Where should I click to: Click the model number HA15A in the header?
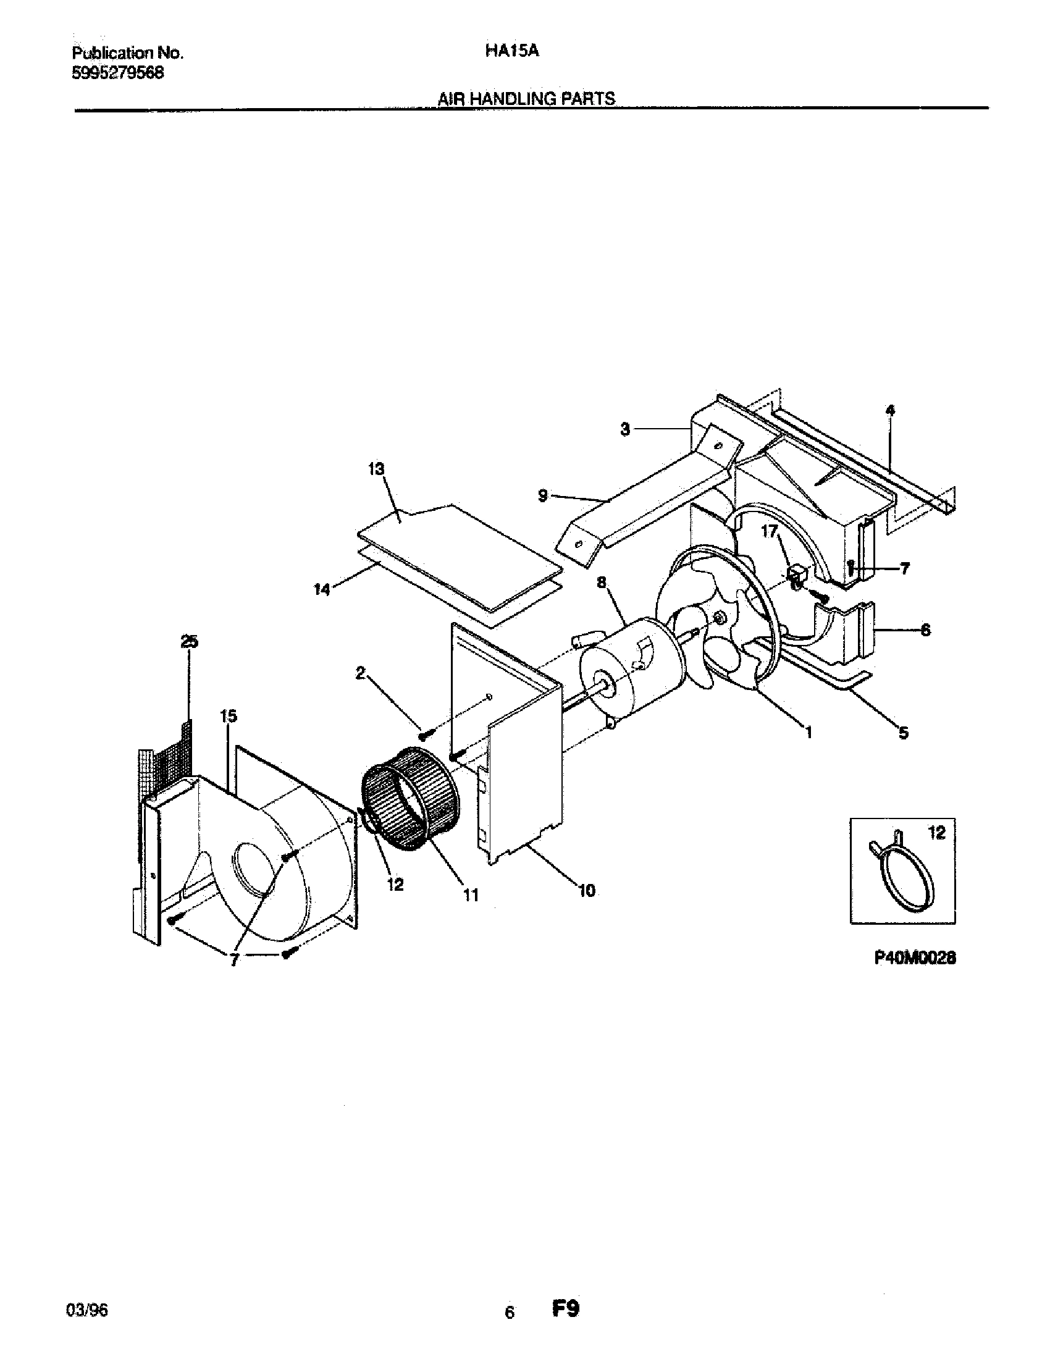tap(511, 53)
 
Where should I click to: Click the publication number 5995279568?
tap(118, 73)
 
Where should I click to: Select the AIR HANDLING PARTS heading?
tap(526, 98)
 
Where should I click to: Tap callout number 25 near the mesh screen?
tap(190, 642)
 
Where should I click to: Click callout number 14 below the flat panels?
tap(321, 589)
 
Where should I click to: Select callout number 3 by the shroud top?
tap(626, 429)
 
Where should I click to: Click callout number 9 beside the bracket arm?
tap(543, 497)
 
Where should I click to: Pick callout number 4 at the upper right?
tap(891, 410)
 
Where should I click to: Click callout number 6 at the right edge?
tap(925, 630)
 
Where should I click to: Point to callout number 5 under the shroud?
tap(903, 733)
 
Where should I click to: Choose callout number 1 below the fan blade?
tap(808, 733)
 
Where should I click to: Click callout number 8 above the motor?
tap(601, 583)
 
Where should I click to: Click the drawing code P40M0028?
tap(914, 959)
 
